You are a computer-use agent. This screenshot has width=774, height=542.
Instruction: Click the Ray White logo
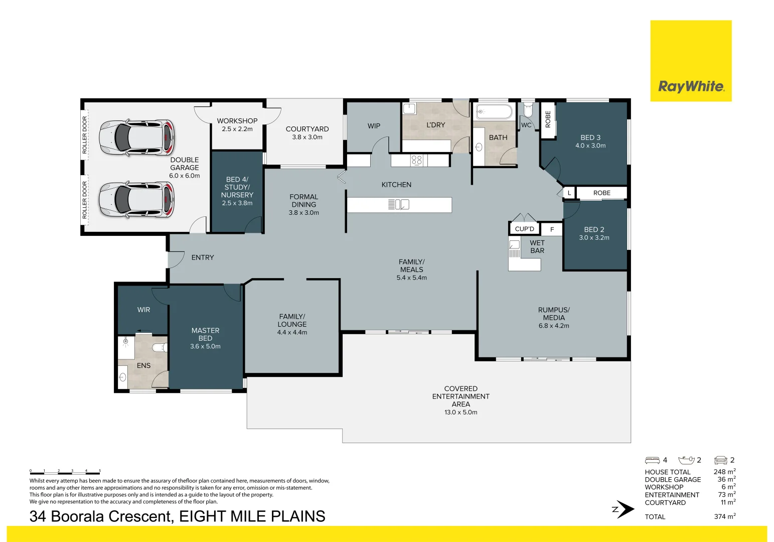pyautogui.click(x=691, y=86)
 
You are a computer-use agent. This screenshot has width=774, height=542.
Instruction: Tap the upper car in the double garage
pyautogui.click(x=137, y=137)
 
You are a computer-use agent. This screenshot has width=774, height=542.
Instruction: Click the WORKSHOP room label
pyautogui.click(x=237, y=121)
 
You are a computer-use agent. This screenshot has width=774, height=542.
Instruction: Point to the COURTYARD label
pyautogui.click(x=307, y=129)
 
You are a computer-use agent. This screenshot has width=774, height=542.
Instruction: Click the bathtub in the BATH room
pyautogui.click(x=494, y=111)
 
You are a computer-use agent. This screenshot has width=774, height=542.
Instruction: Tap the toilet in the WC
pyautogui.click(x=528, y=109)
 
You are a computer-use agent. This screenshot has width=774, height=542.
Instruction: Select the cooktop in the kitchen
pyautogui.click(x=416, y=161)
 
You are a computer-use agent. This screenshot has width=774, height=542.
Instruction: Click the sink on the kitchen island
pyautogui.click(x=399, y=204)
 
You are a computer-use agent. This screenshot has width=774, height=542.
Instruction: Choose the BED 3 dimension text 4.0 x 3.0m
pyautogui.click(x=590, y=146)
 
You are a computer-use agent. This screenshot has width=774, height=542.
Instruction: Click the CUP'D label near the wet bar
pyautogui.click(x=525, y=229)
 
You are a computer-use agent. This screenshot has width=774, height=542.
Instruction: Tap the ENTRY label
pyautogui.click(x=203, y=257)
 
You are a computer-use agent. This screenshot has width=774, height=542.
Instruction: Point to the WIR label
pyautogui.click(x=143, y=310)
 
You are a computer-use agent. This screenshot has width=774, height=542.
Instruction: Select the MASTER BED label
pyautogui.click(x=205, y=334)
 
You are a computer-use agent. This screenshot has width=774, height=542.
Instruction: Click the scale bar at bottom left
pyautogui.click(x=65, y=472)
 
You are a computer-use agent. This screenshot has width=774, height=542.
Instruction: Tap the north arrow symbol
pyautogui.click(x=624, y=509)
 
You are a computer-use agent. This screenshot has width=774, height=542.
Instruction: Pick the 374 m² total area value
pyautogui.click(x=724, y=516)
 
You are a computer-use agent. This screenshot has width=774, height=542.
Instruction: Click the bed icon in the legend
pyautogui.click(x=652, y=460)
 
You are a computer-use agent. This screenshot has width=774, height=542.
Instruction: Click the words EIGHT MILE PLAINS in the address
pyautogui.click(x=252, y=516)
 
